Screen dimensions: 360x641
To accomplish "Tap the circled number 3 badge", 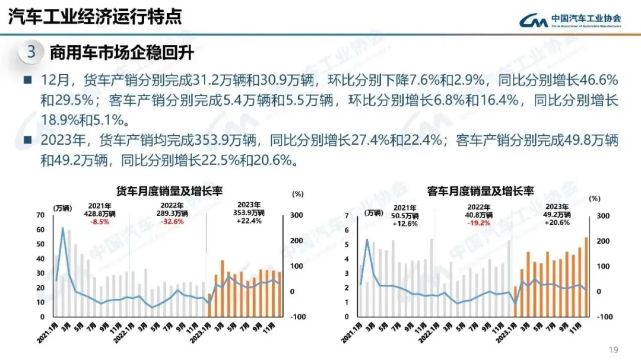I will (31, 52).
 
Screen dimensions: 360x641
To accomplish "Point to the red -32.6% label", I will (171, 222).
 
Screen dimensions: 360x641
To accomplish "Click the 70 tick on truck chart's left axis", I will (40, 215).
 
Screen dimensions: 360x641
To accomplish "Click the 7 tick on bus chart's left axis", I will (347, 216).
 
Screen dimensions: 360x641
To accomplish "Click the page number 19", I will (614, 349).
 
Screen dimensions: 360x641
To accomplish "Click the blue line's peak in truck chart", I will (63, 228).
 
